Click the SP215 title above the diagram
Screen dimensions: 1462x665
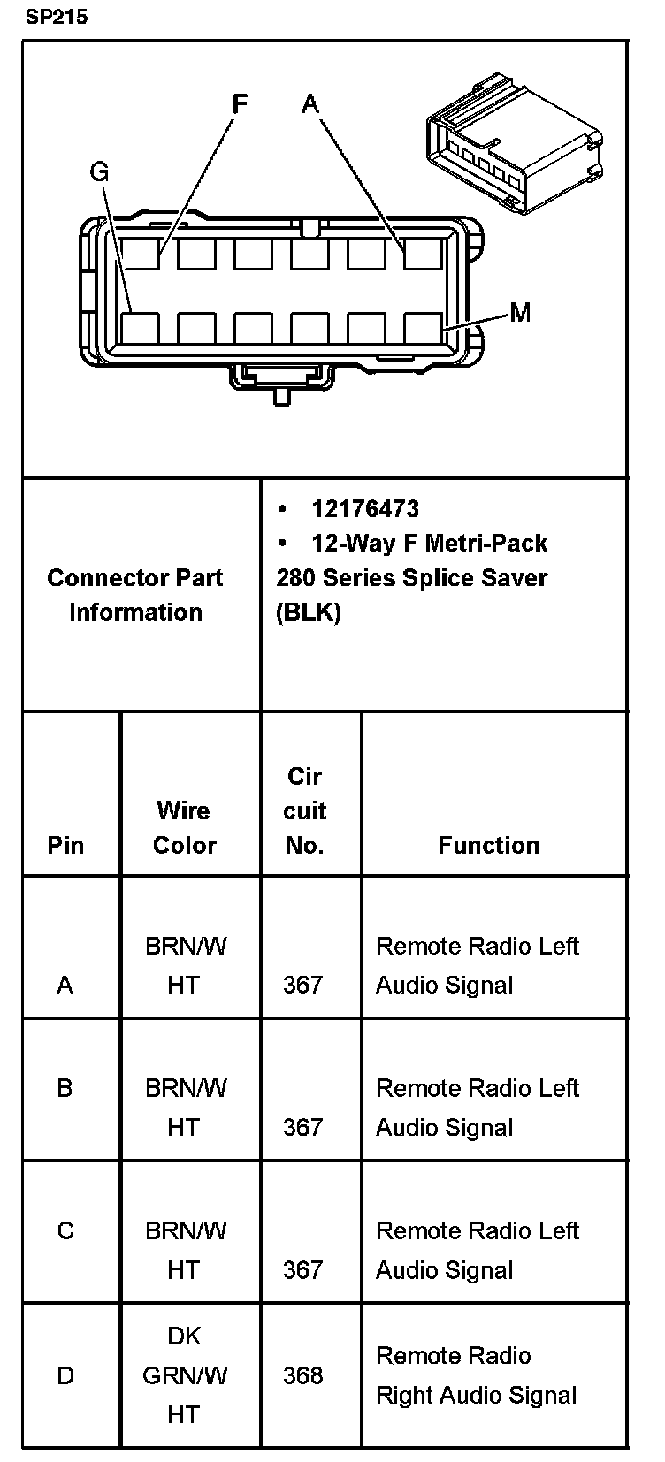tap(56, 17)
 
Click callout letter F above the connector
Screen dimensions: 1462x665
tap(240, 104)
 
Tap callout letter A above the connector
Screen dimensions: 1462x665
tap(310, 104)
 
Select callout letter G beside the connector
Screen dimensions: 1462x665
tap(99, 171)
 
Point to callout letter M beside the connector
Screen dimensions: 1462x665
tap(520, 312)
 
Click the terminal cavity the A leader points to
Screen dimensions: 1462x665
tap(423, 254)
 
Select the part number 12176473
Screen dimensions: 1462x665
tap(365, 508)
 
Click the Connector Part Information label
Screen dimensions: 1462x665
tap(135, 594)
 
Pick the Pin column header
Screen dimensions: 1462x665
tap(65, 845)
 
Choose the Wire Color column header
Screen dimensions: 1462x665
tap(184, 827)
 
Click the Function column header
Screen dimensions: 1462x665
tap(488, 845)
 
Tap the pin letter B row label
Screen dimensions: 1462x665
tap(65, 1088)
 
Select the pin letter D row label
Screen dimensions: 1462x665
tap(65, 1375)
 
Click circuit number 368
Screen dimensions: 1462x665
tap(302, 1375)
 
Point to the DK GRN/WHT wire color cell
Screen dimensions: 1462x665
tap(184, 1375)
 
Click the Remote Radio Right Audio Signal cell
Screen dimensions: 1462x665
tap(476, 1375)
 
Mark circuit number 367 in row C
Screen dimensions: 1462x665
tap(302, 1270)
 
